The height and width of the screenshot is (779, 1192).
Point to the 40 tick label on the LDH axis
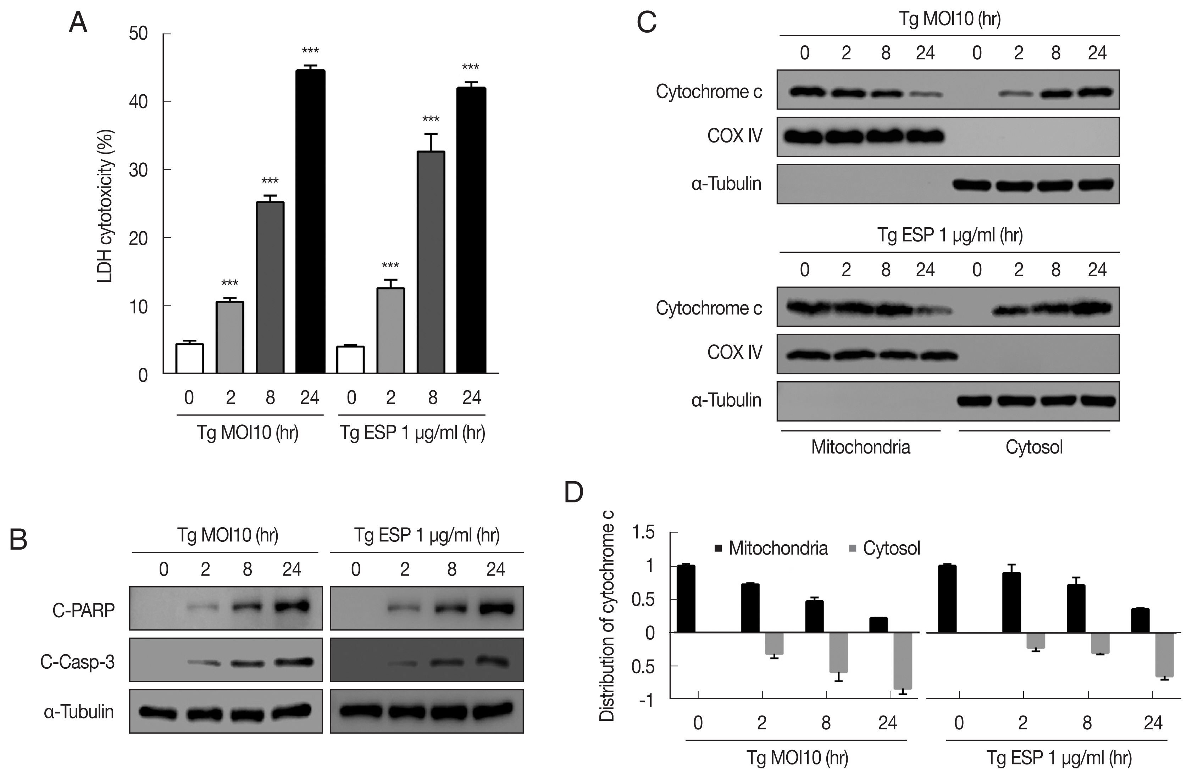click(138, 102)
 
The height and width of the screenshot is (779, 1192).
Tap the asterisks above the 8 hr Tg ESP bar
click(431, 119)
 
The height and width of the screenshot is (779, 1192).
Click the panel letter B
click(18, 540)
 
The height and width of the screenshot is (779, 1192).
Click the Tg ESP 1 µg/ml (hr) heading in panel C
click(950, 235)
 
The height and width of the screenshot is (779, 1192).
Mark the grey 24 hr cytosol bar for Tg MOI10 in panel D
click(902, 661)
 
